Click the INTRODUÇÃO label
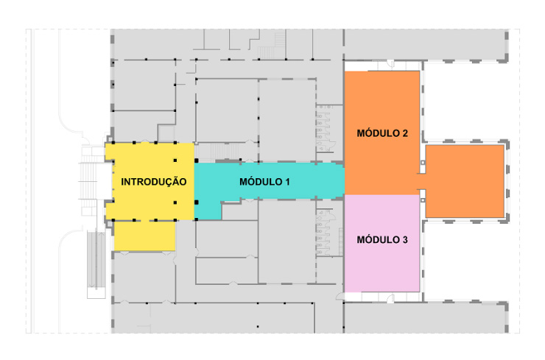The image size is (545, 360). pos(153,182)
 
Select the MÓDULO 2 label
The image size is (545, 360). pos(382,134)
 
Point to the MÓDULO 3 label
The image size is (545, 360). pos(382,240)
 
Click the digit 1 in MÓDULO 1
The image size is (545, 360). pos(289,181)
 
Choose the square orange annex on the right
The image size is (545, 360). pos(465,181)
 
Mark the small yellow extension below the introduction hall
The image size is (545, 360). pos(144,236)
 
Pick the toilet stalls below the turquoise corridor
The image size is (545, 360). pos(324,228)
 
